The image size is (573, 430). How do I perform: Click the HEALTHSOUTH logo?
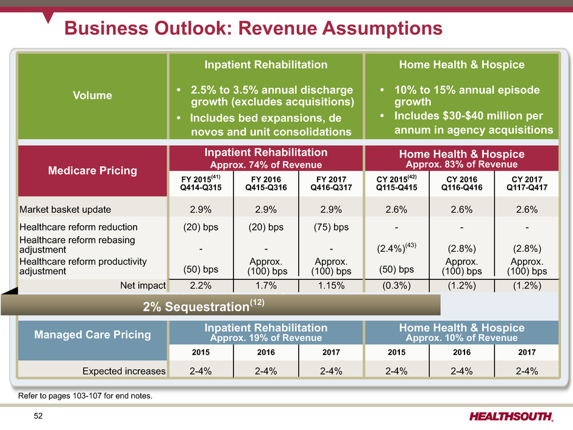[512, 416]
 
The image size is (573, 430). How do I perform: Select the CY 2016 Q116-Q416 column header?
[461, 184]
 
